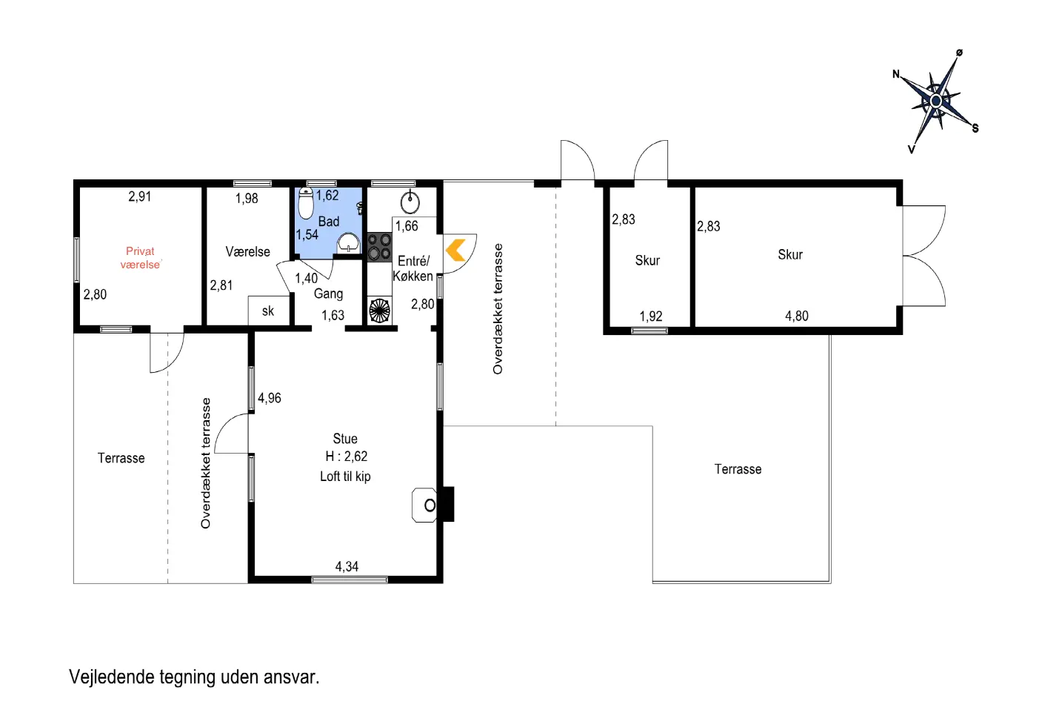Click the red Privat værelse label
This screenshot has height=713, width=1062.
tap(140, 258)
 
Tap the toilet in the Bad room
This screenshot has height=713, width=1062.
tap(306, 203)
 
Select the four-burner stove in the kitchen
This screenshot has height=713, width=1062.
tap(379, 247)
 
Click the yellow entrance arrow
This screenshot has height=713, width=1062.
tap(455, 250)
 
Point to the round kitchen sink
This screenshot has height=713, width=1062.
tap(410, 202)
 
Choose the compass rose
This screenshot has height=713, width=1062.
tap(935, 101)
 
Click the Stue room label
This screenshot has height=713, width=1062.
tap(345, 438)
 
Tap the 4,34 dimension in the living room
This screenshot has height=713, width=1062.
tap(347, 566)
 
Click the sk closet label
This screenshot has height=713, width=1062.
tap(268, 311)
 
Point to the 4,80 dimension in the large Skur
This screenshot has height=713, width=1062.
tap(797, 316)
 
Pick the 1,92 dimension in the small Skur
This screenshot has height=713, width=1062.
tap(650, 316)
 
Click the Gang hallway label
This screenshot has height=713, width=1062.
tap(328, 294)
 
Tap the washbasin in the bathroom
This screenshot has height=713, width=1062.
tap(349, 243)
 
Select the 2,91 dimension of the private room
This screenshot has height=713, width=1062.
tap(139, 196)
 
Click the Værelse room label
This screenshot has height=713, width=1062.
tap(247, 251)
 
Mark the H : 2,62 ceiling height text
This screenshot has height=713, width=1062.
tap(346, 457)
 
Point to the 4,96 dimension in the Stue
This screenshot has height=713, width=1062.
tap(270, 398)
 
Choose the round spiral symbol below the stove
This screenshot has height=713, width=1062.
tap(379, 311)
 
